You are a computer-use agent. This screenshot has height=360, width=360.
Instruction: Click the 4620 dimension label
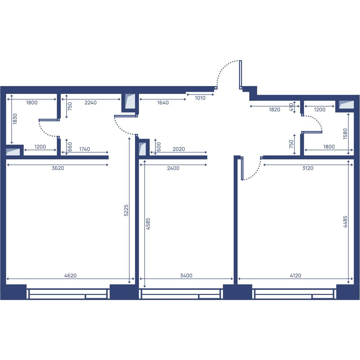click(x=70, y=276)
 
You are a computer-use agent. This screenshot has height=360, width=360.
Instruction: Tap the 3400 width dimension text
click(x=186, y=276)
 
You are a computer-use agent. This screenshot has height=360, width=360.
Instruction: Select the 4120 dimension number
click(x=295, y=276)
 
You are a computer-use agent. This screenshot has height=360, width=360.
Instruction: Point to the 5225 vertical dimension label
click(x=126, y=210)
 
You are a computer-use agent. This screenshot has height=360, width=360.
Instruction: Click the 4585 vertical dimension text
click(x=148, y=223)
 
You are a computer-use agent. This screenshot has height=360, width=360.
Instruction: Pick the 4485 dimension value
click(x=345, y=222)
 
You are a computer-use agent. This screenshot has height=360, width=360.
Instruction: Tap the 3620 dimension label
click(x=58, y=168)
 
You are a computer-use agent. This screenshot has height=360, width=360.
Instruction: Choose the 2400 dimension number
click(x=173, y=168)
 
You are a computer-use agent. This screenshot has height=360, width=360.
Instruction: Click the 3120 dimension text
click(x=308, y=168)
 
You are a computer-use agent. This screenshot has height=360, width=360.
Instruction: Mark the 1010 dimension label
click(x=200, y=98)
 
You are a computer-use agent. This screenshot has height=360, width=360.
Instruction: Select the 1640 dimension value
click(x=163, y=103)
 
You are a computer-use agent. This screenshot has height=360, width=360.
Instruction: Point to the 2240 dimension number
click(x=91, y=103)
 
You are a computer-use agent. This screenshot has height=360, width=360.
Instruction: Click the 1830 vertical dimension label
click(x=15, y=119)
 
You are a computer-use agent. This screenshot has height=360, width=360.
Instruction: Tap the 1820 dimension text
click(x=274, y=109)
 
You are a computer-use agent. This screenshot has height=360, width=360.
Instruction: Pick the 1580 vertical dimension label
click(x=345, y=133)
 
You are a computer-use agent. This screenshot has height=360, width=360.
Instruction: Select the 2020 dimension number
click(x=178, y=149)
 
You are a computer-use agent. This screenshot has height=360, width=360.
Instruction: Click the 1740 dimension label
click(x=84, y=149)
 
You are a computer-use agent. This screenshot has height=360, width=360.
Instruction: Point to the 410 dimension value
click(x=291, y=107)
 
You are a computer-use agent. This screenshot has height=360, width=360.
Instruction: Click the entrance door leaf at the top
click(x=241, y=75)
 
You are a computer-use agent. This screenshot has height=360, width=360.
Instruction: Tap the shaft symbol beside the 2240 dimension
click(x=130, y=101)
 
